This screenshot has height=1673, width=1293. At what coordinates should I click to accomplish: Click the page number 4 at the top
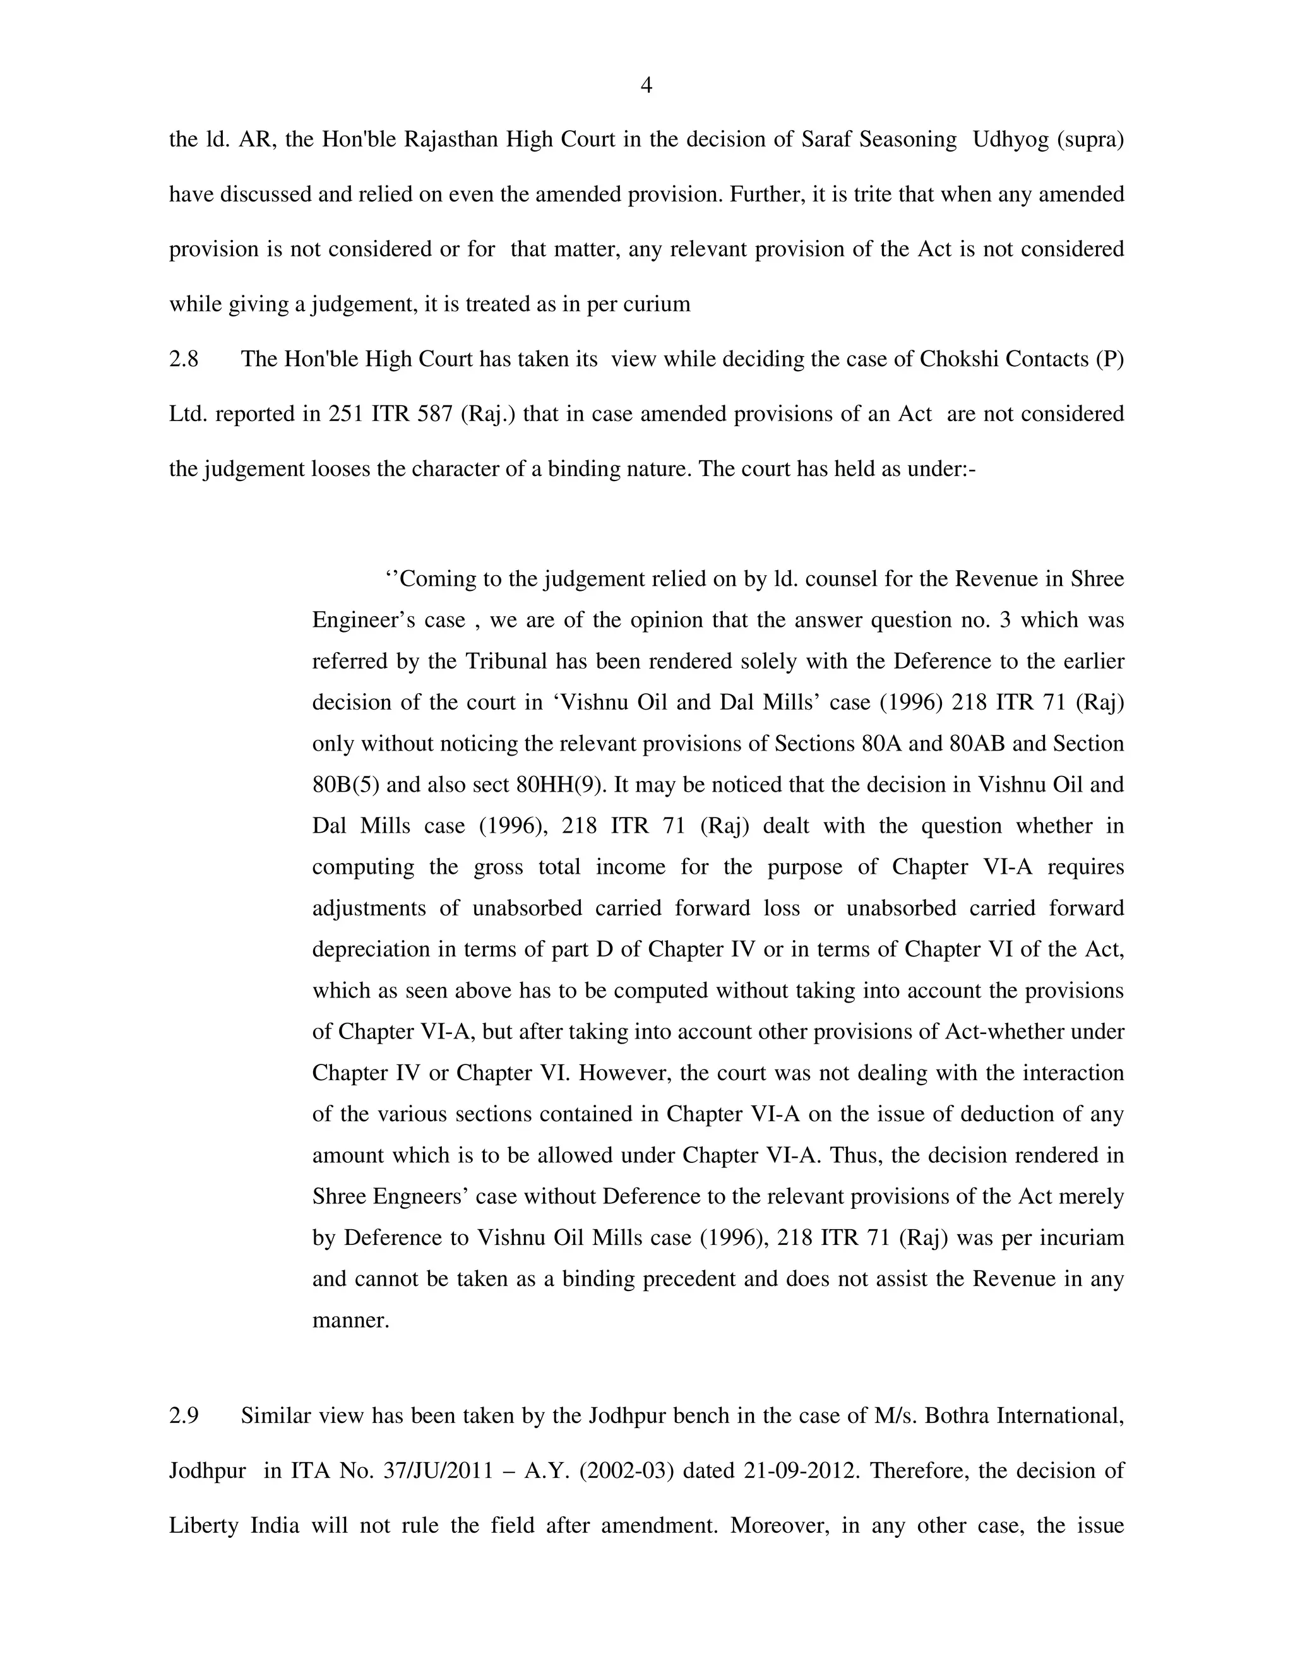[x=646, y=86]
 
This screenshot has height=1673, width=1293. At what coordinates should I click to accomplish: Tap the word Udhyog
[x=1010, y=140]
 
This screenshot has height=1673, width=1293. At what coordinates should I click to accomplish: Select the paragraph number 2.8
[x=184, y=359]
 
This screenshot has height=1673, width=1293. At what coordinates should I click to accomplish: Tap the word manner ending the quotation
[x=349, y=1320]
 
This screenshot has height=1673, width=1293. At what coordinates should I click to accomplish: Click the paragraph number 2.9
[x=184, y=1415]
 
